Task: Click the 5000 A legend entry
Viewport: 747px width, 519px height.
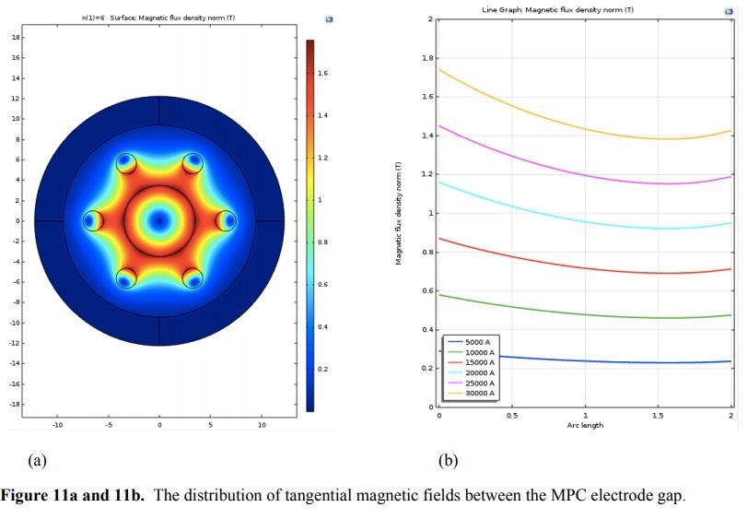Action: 479,342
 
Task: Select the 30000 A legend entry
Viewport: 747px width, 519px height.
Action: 479,394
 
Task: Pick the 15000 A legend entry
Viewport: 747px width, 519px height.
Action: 479,362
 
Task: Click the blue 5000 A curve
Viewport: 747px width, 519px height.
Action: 599,361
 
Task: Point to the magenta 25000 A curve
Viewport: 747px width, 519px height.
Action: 553,167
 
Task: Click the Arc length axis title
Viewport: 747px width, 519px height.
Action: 585,425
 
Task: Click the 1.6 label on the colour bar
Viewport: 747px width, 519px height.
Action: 323,73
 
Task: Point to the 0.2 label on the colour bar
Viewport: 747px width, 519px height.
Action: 323,369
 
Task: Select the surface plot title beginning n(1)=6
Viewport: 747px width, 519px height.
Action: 159,18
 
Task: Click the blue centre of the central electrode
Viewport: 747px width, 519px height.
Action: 159,221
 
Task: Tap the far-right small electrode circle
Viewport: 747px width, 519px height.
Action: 227,221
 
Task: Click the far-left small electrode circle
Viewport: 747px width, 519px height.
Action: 92,221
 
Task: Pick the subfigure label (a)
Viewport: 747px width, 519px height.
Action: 38,460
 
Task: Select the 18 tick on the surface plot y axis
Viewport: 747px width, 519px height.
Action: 16,37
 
